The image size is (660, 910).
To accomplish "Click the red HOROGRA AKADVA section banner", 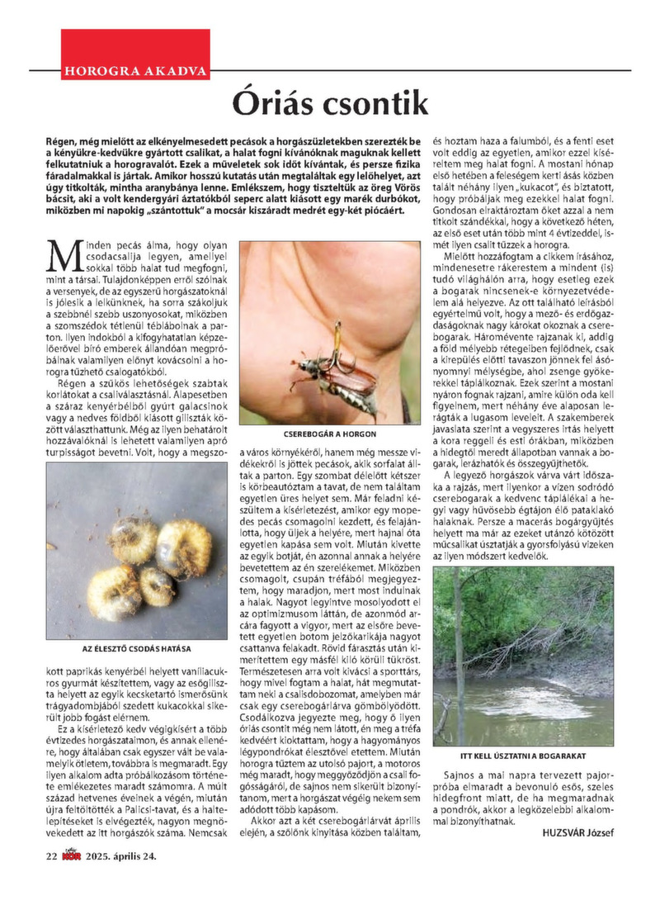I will (x=134, y=69).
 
